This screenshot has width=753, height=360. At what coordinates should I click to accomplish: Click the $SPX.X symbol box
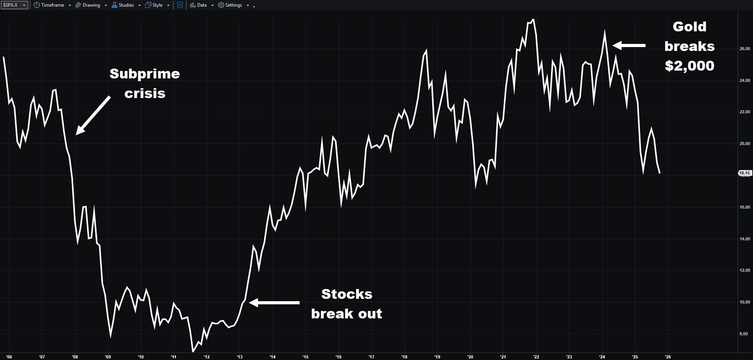click(x=14, y=5)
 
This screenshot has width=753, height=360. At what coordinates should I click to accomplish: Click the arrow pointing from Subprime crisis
click(x=93, y=116)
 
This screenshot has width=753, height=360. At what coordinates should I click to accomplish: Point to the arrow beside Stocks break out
click(x=274, y=302)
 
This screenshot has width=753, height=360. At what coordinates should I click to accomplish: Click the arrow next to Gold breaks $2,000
click(x=629, y=45)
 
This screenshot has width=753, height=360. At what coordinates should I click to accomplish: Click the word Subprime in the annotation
click(x=145, y=74)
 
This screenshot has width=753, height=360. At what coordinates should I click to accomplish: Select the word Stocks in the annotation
click(x=347, y=294)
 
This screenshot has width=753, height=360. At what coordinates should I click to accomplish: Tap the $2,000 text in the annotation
click(x=689, y=66)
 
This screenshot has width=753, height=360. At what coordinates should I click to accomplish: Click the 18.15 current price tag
click(x=744, y=173)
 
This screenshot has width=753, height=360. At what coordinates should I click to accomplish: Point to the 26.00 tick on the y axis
click(x=744, y=49)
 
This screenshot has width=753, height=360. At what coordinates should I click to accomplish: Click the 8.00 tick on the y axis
click(x=744, y=334)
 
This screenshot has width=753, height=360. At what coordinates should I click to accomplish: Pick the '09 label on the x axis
click(x=108, y=357)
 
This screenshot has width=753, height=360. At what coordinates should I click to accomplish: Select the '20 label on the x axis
click(x=470, y=357)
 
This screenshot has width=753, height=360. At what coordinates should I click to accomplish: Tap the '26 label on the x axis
click(x=668, y=357)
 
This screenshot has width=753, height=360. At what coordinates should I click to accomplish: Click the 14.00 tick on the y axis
click(x=744, y=239)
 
